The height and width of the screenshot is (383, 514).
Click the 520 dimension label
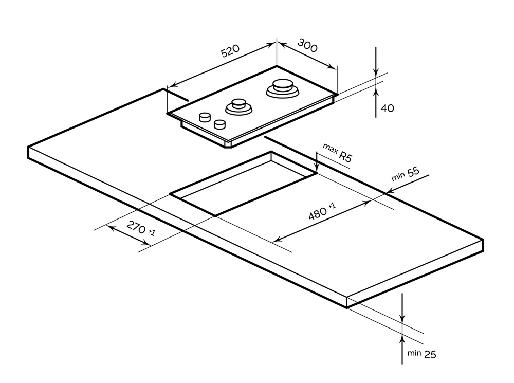tap(230, 51)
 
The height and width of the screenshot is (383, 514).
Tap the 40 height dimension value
tap(388, 108)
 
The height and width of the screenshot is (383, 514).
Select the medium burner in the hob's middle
tap(238, 106)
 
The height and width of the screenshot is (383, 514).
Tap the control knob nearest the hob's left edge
tap(205, 117)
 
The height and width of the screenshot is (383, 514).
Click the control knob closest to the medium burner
tap(220, 124)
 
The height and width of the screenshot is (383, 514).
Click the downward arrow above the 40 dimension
tap(376, 72)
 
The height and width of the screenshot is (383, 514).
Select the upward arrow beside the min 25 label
tap(402, 339)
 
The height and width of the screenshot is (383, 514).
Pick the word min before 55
tap(398, 177)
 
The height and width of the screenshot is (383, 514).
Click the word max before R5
tap(329, 149)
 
